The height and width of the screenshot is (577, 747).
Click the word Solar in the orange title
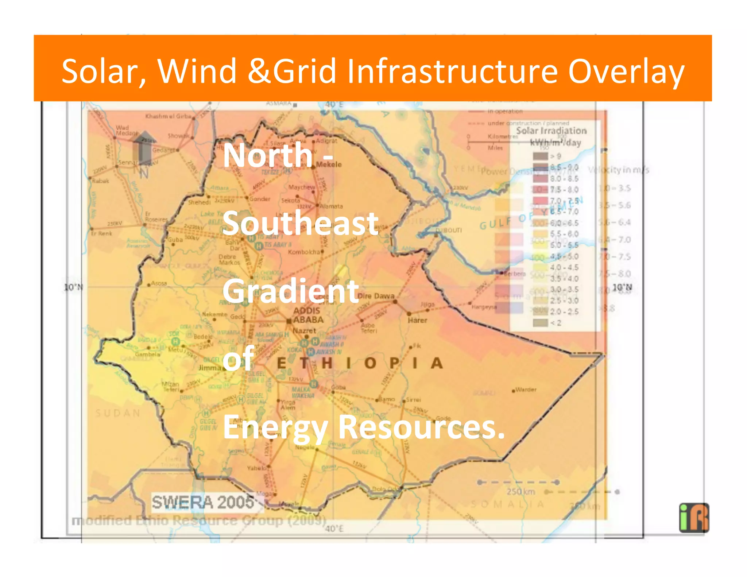(104, 71)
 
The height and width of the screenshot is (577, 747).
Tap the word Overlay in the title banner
(626, 72)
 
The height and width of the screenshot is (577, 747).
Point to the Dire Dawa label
(376, 296)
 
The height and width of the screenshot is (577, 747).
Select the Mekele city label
(329, 164)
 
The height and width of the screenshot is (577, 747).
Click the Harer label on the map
(417, 320)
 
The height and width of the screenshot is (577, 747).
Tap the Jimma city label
(210, 368)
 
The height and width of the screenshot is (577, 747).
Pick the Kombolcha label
(304, 252)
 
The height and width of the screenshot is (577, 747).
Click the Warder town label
(526, 390)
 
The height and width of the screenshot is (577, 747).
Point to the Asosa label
(159, 283)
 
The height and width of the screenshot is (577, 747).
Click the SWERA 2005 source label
(203, 502)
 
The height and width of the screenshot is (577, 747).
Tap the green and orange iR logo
(694, 518)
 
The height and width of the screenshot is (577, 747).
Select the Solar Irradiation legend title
(551, 131)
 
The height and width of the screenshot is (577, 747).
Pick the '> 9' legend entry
(555, 156)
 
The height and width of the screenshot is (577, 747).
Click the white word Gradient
(291, 291)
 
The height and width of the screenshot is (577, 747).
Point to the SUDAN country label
(117, 413)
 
